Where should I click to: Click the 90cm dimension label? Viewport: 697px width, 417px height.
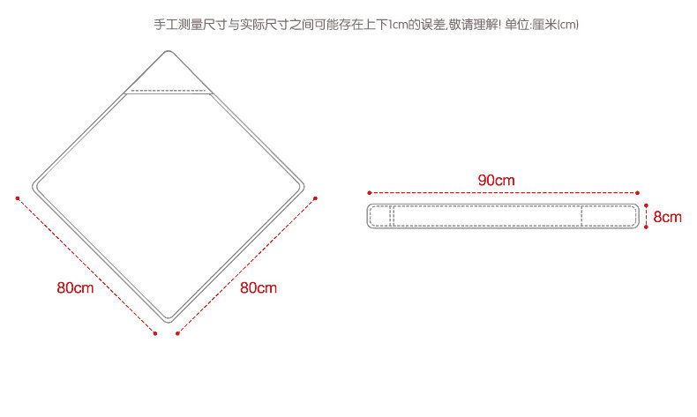tap(496, 180)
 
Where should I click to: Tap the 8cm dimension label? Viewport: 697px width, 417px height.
tap(667, 216)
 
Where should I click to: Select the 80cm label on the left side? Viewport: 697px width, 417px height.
tap(75, 287)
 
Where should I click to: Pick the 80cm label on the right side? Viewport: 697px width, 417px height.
tap(258, 287)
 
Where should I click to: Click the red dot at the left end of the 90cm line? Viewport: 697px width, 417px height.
tap(369, 192)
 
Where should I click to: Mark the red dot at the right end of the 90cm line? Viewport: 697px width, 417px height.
tap(637, 192)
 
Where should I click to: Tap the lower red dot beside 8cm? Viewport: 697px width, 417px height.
tap(646, 227)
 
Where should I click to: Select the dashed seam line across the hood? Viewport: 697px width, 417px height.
tap(169, 91)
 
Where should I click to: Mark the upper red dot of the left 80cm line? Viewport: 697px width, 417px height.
tap(17, 197)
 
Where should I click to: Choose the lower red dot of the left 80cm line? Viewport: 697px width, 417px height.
tap(155, 333)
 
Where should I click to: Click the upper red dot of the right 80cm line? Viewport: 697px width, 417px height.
tap(316, 197)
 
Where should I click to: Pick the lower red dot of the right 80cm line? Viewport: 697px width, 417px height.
tap(177, 333)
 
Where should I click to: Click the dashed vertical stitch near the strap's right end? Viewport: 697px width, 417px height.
tap(581, 216)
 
